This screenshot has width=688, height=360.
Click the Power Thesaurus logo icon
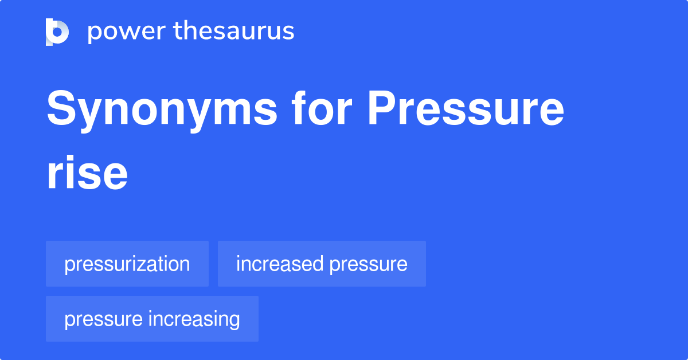[x=57, y=32]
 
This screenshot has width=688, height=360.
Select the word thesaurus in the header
[x=234, y=32]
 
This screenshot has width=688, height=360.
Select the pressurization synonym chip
[x=127, y=264]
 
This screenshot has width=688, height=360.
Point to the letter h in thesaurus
[x=186, y=30]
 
